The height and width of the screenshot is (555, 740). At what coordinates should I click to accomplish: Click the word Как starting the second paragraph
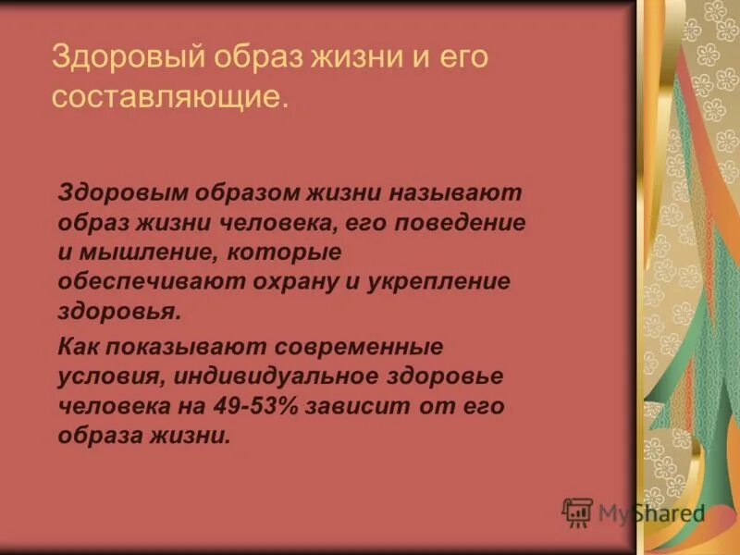(78, 346)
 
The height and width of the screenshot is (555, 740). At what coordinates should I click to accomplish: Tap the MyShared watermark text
(651, 513)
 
